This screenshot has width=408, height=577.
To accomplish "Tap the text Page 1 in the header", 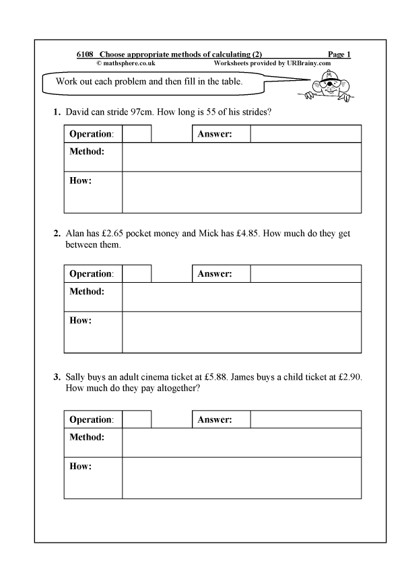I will click(x=339, y=55).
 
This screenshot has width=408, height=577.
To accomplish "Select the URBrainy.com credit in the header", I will click(x=272, y=63).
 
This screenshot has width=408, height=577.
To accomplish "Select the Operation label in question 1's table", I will click(x=92, y=134).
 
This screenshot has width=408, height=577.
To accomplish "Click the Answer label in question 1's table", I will click(x=215, y=134).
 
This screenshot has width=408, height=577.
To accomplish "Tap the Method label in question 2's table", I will click(x=87, y=292).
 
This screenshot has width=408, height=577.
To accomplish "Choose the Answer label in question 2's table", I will click(x=215, y=274).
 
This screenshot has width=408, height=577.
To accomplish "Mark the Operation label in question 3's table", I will click(x=92, y=419).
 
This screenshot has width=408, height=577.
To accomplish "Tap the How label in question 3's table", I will click(x=80, y=466).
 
